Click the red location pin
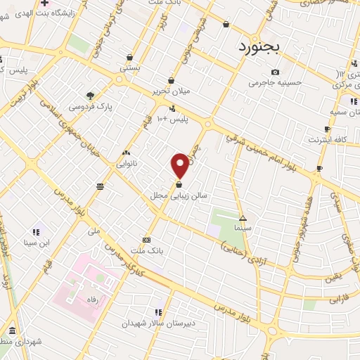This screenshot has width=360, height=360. [180, 165]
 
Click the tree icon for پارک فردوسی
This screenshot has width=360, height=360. [89, 96]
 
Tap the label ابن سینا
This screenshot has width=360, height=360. [36, 243]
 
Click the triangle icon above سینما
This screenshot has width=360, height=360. [243, 217]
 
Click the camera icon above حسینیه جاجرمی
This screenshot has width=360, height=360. [275, 72]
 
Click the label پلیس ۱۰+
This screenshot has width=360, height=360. [173, 120]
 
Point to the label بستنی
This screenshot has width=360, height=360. [129, 69]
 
